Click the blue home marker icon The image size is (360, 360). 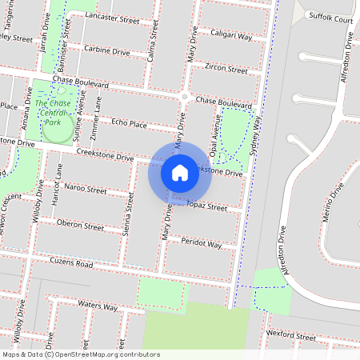(180, 172)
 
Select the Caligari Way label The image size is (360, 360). (231, 34)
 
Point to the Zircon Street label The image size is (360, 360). (226, 69)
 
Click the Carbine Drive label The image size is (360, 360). (107, 50)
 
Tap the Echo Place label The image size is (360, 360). (130, 123)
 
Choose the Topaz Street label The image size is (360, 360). (207, 206)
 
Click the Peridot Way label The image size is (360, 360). (201, 242)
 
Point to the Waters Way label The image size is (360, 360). (98, 307)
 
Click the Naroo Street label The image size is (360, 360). (86, 190)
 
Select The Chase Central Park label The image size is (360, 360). (53, 112)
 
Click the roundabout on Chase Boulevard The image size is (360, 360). (184, 97)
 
